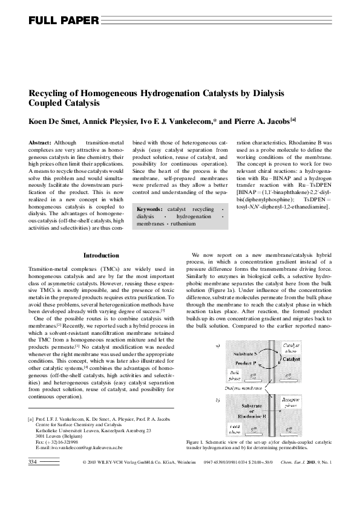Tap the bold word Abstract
click(x=40, y=141)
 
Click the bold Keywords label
click(x=149, y=209)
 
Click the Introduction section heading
click(x=101, y=255)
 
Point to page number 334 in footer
click(x=33, y=479)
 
